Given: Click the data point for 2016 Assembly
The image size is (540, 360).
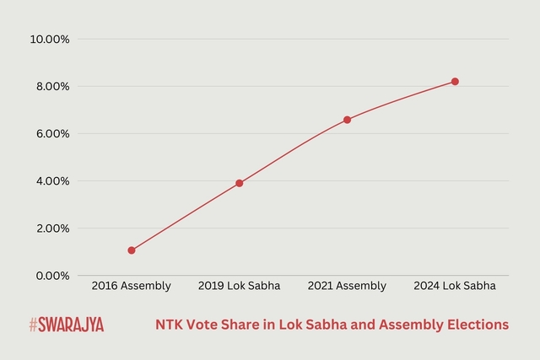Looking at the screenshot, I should (131, 250).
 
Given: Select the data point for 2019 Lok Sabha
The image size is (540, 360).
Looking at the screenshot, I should (239, 183).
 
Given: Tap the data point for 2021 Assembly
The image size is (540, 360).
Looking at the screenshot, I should (347, 120).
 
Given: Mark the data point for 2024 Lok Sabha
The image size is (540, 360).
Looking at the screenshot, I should (455, 82).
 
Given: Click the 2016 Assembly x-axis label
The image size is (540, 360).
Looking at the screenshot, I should (131, 287).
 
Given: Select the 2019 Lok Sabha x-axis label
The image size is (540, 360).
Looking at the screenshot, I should (239, 287).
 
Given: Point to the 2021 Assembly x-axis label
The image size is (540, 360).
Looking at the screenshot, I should (347, 287).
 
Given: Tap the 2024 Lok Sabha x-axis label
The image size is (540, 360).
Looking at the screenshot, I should (455, 287).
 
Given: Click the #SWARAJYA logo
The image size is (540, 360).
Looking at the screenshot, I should (66, 325).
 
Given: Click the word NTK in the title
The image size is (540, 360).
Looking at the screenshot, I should (169, 325).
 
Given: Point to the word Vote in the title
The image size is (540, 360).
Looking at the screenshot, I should (202, 325).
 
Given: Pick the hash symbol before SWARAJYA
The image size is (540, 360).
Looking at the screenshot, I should (32, 325).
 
